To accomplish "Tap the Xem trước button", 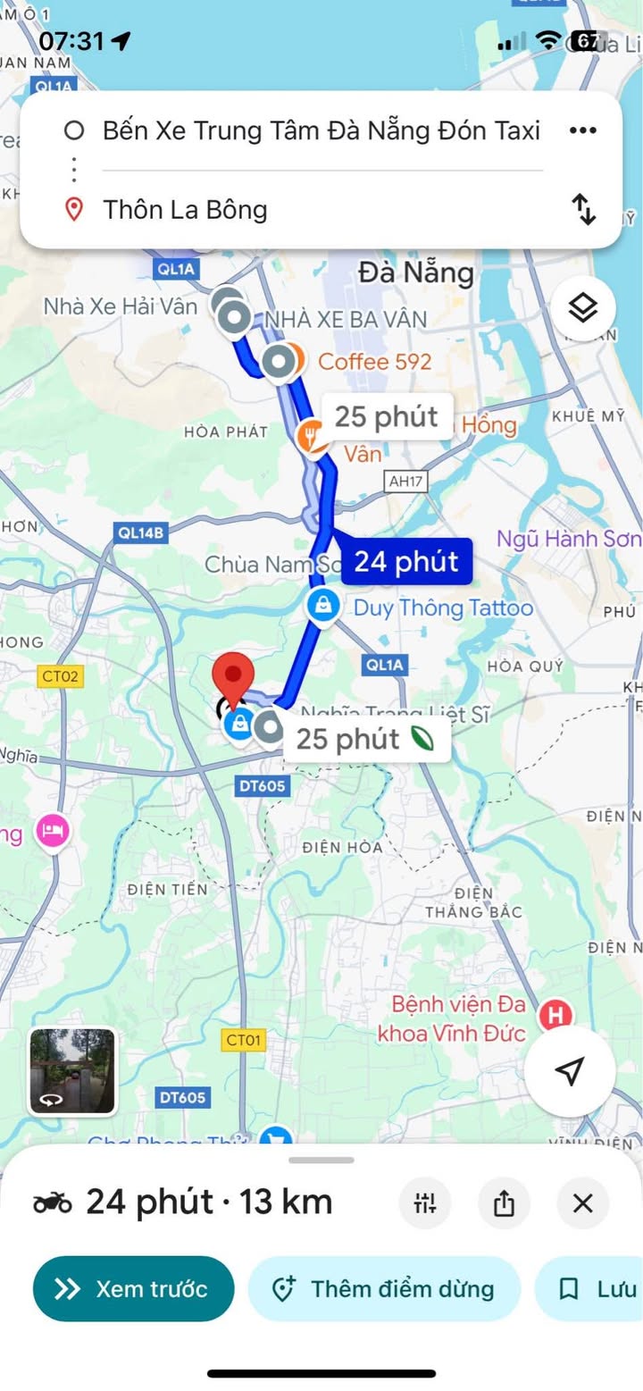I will (x=134, y=1288).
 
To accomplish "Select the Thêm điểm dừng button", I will (x=384, y=1288).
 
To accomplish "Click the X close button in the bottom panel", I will (x=582, y=1203).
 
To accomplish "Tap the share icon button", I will (x=504, y=1203).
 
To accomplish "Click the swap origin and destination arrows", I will (x=583, y=209).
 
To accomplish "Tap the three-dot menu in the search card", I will (x=582, y=130).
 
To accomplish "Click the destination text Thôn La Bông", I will (x=185, y=210).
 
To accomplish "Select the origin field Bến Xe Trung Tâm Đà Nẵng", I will (x=321, y=130).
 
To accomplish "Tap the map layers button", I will (x=582, y=309).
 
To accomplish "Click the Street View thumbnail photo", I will (x=72, y=1071).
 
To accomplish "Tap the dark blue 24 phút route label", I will (x=405, y=562).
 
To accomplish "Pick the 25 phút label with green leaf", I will (x=366, y=739).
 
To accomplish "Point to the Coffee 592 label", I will (x=374, y=362).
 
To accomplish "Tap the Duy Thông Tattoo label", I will (x=443, y=608).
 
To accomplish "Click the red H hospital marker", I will (x=556, y=1015).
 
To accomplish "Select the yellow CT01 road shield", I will (x=243, y=1040).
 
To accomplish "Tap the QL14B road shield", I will (x=141, y=533).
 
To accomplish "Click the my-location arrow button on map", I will (x=569, y=1070).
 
